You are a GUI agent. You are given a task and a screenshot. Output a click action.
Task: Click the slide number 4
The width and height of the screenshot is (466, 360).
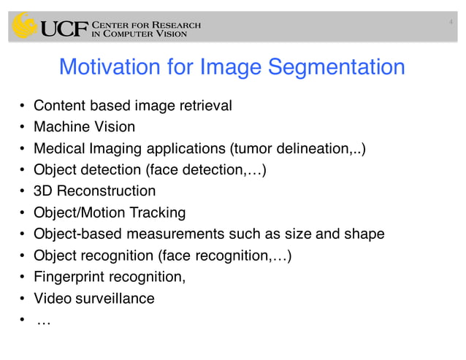tap(451, 23)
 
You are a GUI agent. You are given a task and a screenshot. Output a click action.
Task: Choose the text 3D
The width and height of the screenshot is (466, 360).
tap(43, 191)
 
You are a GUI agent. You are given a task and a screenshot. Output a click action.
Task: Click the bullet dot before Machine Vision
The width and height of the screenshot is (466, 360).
tap(23, 128)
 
